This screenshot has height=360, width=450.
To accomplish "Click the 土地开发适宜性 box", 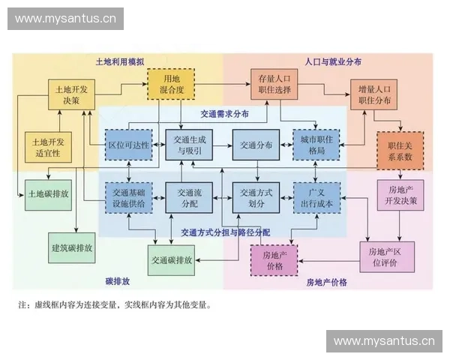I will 47,146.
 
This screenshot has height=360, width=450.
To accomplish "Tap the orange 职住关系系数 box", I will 400,146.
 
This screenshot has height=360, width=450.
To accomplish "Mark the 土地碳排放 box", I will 48,193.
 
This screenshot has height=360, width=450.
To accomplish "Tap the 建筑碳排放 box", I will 72,247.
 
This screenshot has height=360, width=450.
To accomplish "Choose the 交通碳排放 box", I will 172,260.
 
